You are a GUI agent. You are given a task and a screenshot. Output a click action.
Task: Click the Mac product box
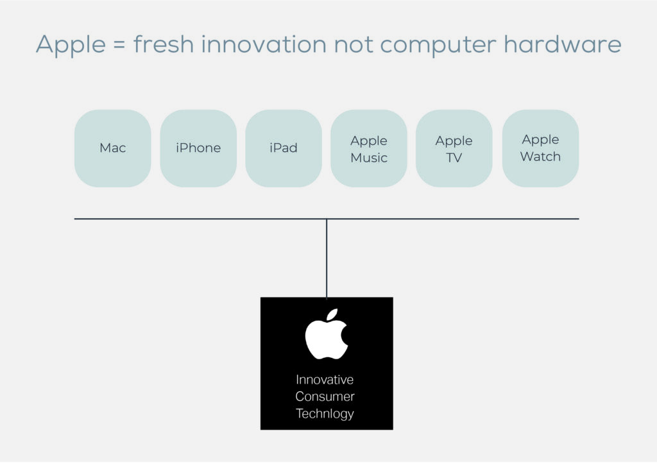coord(113,148)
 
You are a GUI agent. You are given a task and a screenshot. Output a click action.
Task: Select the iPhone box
coord(198,148)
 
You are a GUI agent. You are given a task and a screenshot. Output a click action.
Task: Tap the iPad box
coord(284,148)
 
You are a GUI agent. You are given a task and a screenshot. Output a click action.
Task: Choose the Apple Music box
coord(369,148)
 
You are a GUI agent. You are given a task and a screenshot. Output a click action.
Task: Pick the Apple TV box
coord(454,148)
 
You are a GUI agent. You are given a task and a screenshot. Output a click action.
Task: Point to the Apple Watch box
coord(540,148)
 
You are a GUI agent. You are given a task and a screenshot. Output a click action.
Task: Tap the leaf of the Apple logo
coord(332,315)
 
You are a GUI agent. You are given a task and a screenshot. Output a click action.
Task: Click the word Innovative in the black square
coord(325,379)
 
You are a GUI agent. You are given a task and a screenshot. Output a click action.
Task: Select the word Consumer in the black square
coord(325,396)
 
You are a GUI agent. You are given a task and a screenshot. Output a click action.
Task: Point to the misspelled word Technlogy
coord(325,414)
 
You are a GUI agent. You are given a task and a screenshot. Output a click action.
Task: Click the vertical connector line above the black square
coord(327,258)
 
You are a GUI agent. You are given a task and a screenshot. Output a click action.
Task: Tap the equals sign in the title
coord(119,44)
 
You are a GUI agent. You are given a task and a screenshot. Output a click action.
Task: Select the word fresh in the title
coord(164,44)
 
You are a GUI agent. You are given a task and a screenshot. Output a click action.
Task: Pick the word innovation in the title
coord(264,44)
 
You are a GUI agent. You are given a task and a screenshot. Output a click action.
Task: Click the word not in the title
coord(353,44)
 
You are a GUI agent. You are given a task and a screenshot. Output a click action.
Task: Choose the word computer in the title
coord(438,46)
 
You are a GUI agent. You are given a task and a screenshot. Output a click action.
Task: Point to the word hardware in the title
coord(562,44)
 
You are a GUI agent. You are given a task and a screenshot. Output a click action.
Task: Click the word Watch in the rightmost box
coord(540,157)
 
